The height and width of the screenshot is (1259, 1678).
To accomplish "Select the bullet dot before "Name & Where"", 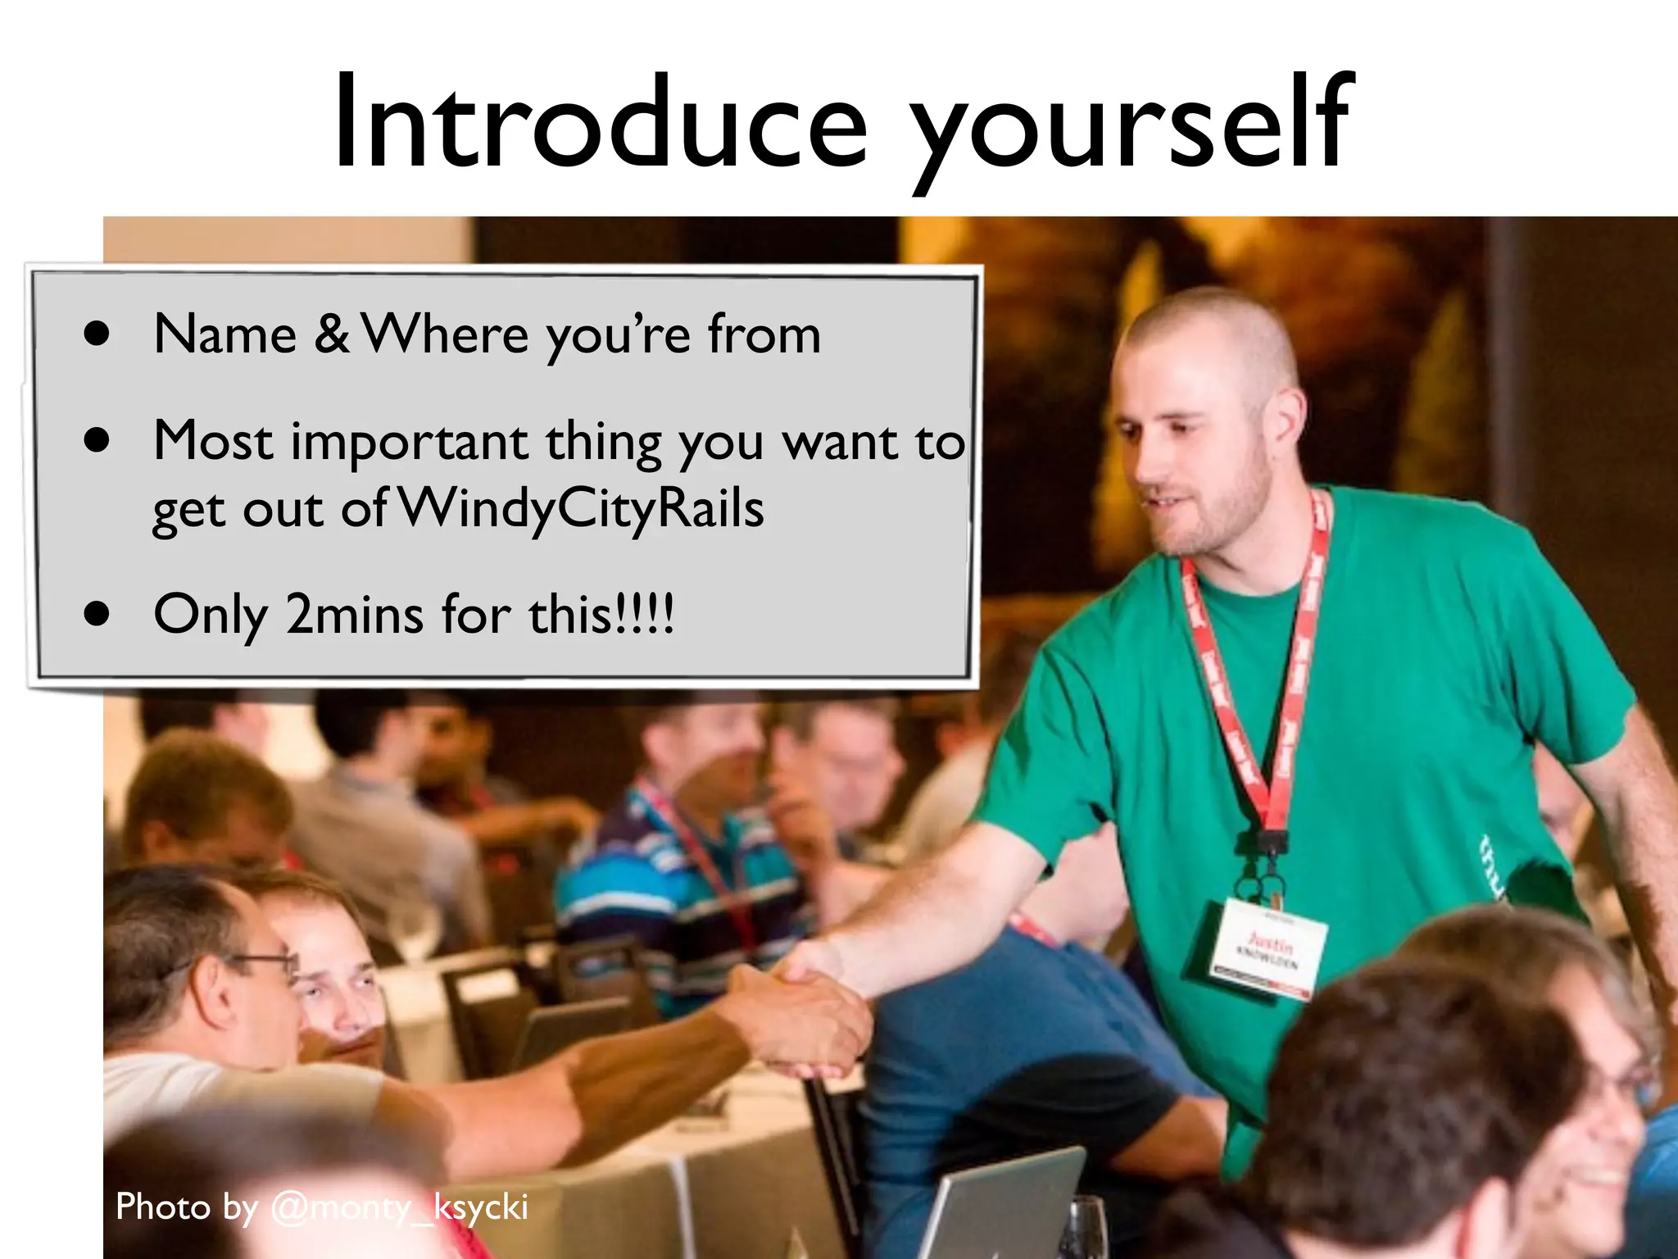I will [x=97, y=334].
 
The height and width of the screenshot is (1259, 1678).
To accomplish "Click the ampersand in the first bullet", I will [x=331, y=334].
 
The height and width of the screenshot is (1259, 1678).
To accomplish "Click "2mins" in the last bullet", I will [x=354, y=615].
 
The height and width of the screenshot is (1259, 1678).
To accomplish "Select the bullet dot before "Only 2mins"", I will [x=97, y=615].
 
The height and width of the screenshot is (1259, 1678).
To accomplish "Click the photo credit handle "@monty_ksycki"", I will [x=399, y=1207].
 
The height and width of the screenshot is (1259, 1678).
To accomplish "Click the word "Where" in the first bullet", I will [x=446, y=334].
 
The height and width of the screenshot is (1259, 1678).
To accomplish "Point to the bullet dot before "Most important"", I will [x=97, y=441].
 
